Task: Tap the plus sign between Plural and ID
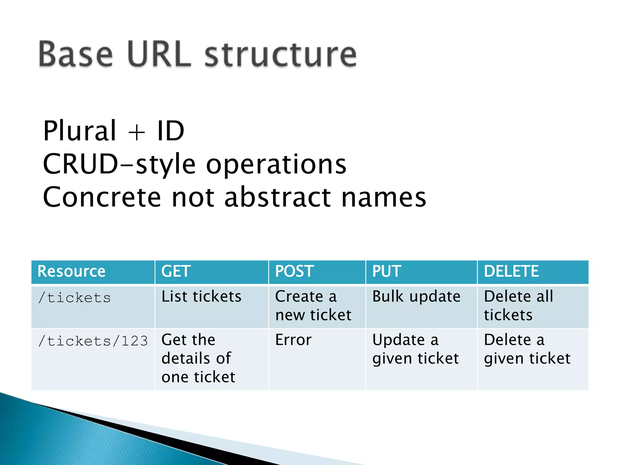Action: tap(137, 132)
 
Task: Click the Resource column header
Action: tap(71, 271)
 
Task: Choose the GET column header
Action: tap(176, 271)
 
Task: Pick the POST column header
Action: tap(294, 271)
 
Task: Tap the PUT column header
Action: tap(387, 271)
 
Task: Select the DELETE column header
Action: tap(511, 271)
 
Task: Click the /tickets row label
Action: tap(74, 298)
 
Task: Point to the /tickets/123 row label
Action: tap(93, 341)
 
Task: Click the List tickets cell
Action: tap(201, 297)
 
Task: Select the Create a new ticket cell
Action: tap(313, 306)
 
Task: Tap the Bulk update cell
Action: tap(416, 297)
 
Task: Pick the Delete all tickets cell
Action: tap(518, 306)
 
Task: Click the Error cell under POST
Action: tap(293, 340)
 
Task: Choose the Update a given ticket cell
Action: tap(415, 349)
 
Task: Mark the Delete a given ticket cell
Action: tap(527, 349)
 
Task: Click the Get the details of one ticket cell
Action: tap(198, 358)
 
